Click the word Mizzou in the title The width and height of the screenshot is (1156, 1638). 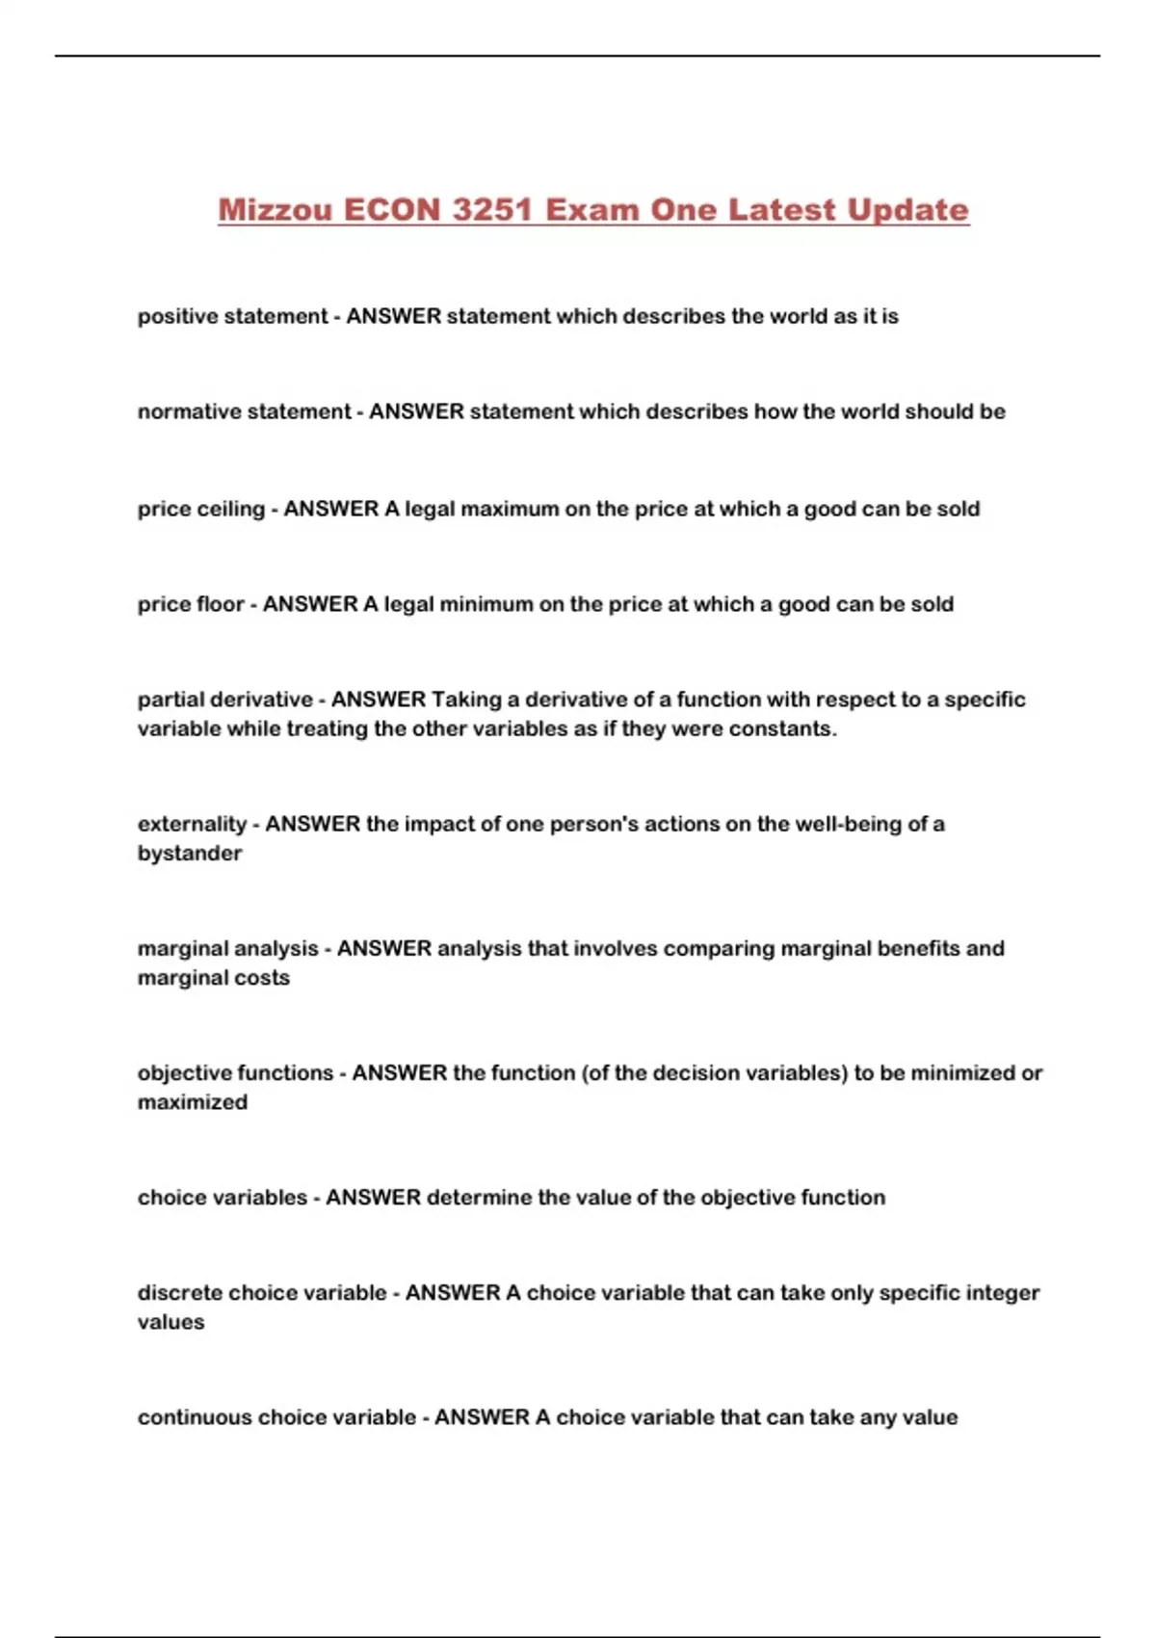(275, 210)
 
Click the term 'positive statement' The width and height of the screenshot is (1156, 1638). (232, 316)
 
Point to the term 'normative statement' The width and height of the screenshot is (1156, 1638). (244, 411)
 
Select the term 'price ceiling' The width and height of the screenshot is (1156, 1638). (200, 509)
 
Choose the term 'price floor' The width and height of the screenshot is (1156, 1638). (191, 604)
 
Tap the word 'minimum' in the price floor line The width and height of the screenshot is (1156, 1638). (486, 604)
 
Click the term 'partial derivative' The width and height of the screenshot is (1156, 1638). (224, 700)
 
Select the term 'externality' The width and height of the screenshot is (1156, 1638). (192, 824)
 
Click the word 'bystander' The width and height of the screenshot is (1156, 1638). (190, 853)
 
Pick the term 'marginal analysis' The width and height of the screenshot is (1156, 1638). (227, 948)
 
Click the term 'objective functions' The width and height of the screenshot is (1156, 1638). (235, 1072)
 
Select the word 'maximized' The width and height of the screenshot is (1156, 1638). (193, 1101)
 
